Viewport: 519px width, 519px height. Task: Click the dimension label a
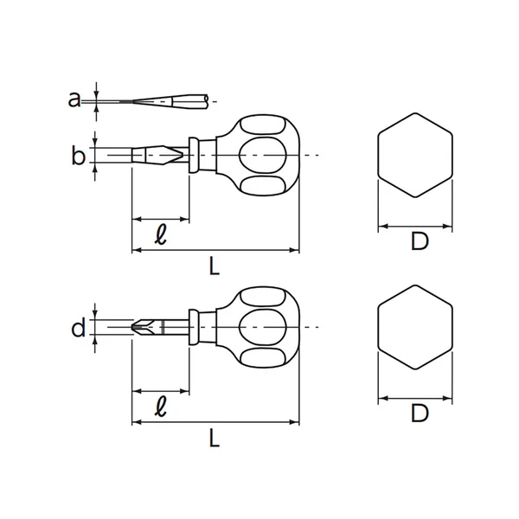pos(74,99)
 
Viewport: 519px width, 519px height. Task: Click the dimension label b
pos(78,156)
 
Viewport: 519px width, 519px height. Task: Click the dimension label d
pos(78,328)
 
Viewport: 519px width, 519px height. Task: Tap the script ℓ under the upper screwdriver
pos(160,234)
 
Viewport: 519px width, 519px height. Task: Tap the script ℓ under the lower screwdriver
pos(160,404)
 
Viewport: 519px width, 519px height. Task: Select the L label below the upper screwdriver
pos(215,266)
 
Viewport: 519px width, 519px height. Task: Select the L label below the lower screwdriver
pos(215,439)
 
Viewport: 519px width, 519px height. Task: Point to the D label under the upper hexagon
pos(419,242)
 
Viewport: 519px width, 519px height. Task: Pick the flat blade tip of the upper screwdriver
pos(138,156)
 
